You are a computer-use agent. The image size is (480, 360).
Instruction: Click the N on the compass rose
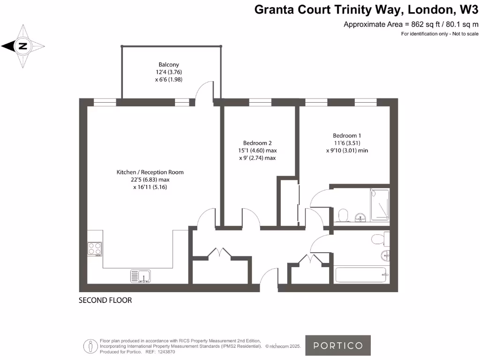click(22, 46)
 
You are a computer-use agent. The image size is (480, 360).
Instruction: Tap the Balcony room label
click(169, 65)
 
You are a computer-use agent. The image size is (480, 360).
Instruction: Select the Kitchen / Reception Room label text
click(150, 172)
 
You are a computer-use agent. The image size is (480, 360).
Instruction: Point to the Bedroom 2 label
click(257, 143)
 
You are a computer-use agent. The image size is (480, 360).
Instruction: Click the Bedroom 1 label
click(347, 135)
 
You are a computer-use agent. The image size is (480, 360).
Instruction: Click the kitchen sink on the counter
click(140, 277)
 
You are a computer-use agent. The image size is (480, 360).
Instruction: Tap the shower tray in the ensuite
click(379, 205)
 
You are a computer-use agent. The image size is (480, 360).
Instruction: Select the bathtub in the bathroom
click(360, 275)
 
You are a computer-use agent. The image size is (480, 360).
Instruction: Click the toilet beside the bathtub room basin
click(378, 240)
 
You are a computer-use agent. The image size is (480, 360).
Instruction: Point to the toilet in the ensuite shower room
click(343, 215)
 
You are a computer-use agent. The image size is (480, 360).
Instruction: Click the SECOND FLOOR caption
click(105, 300)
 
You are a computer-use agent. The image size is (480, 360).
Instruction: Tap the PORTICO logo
click(338, 345)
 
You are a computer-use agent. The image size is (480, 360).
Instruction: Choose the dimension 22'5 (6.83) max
click(150, 180)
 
